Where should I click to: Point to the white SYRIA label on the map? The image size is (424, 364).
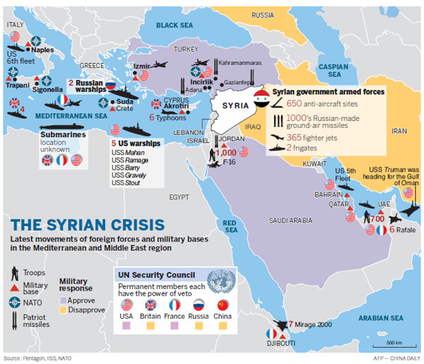(x=230, y=105)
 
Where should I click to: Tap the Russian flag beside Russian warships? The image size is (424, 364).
(x=110, y=84)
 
